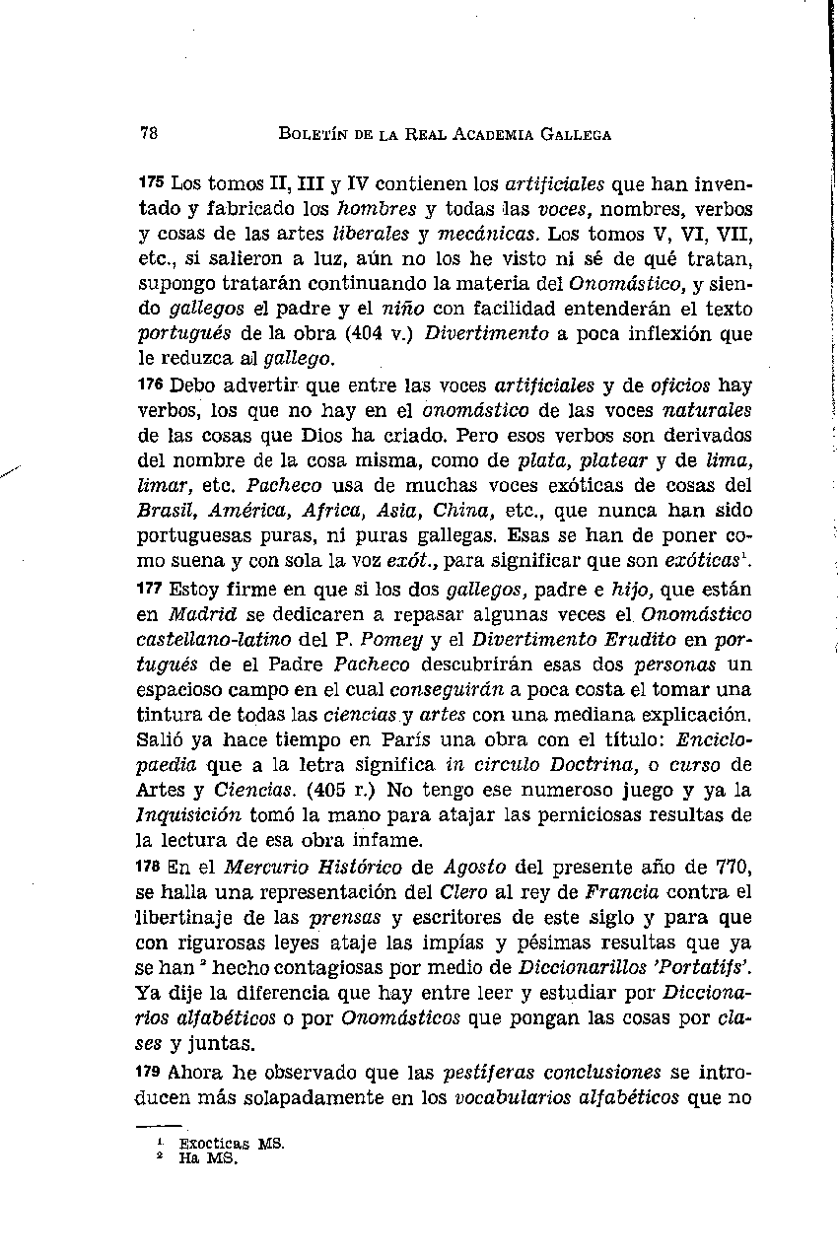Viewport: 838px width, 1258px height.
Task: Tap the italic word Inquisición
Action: [183, 815]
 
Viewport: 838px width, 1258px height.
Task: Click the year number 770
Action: [734, 868]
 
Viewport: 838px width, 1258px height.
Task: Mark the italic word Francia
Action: [622, 893]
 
